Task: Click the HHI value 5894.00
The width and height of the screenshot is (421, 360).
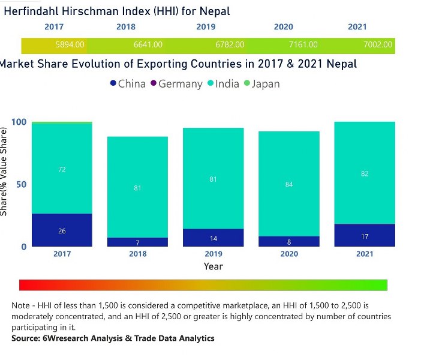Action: point(70,44)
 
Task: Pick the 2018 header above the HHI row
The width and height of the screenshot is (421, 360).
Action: point(125,27)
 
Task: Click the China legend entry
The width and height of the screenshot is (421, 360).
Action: point(127,84)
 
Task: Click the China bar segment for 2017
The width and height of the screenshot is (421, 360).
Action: point(62,230)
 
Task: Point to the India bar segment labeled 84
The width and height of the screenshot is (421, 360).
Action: point(288,184)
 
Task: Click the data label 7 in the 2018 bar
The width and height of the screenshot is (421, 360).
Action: point(137,242)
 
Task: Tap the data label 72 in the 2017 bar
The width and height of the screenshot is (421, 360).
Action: point(62,170)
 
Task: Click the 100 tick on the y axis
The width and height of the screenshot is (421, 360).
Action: point(19,122)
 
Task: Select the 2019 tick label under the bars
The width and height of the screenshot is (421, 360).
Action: point(213,254)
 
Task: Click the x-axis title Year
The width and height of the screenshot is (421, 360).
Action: point(213,266)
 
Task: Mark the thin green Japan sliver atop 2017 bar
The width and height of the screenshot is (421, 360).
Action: point(62,122)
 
